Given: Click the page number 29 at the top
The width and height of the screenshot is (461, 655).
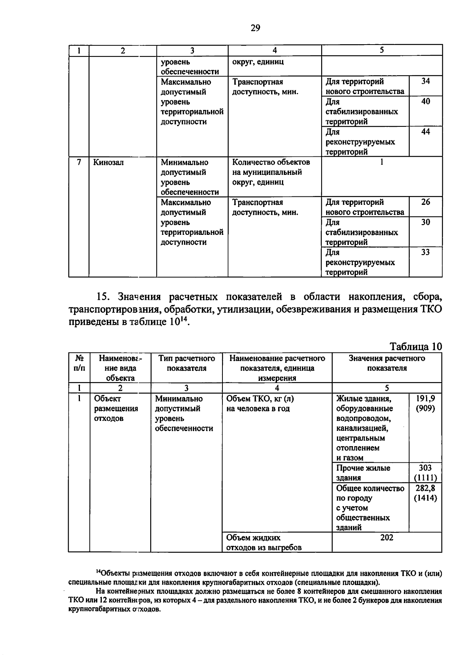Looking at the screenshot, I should (255, 28).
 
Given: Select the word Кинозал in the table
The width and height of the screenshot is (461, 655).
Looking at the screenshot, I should (108, 163).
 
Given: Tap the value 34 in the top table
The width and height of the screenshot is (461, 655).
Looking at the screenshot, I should (425, 81).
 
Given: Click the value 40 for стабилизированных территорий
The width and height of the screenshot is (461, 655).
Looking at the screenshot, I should (425, 101).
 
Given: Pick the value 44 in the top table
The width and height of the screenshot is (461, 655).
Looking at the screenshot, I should (425, 132).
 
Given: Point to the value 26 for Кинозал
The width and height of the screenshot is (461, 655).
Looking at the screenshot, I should (425, 202).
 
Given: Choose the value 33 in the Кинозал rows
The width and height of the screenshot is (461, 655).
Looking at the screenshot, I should (425, 252).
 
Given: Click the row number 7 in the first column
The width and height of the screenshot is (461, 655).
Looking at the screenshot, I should (79, 162).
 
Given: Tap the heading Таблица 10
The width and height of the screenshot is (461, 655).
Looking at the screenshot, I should (416, 346).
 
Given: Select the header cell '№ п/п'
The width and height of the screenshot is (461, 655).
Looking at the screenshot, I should (79, 363).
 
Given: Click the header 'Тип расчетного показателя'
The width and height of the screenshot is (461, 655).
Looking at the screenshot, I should (186, 363).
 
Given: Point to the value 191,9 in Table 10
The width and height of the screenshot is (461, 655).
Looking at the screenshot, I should (425, 399).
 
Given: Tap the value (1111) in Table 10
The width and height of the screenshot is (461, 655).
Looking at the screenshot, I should (425, 478).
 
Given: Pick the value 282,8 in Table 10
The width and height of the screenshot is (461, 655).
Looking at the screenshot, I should (425, 488).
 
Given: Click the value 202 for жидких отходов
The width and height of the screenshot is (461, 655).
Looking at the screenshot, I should (386, 538).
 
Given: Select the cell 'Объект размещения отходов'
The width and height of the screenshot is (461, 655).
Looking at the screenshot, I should (116, 409).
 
